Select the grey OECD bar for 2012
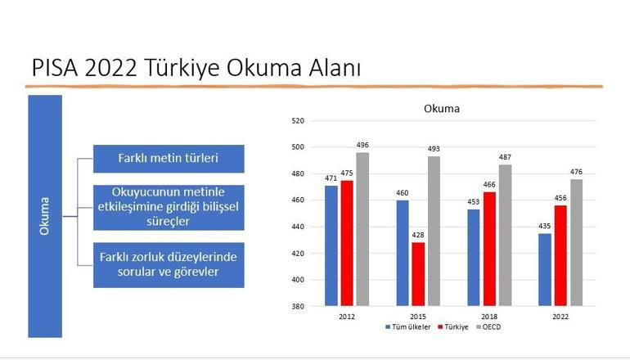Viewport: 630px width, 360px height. [x=362, y=229]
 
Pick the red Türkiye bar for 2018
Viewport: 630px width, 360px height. [x=489, y=249]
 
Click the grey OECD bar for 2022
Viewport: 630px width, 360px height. [x=576, y=242]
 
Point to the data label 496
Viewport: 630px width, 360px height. [x=362, y=145]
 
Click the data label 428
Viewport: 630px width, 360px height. [x=418, y=235]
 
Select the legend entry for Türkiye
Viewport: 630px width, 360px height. [x=456, y=326]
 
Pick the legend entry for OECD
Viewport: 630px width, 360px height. [x=492, y=326]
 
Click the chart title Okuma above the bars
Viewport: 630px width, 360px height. [x=441, y=108]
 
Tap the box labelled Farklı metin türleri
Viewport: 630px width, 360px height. [x=169, y=159]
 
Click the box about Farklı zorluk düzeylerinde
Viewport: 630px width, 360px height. [x=169, y=264]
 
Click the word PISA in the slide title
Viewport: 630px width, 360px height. [x=56, y=69]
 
